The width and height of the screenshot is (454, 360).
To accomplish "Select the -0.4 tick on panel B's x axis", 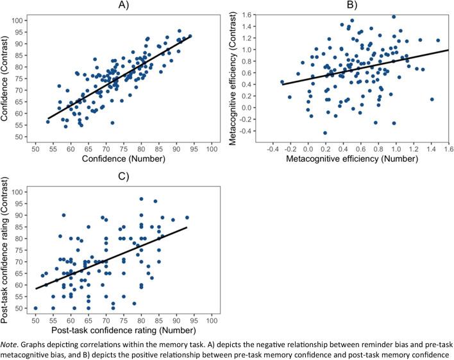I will [x=273, y=148].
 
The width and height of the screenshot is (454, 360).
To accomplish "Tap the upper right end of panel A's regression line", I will [x=191, y=36].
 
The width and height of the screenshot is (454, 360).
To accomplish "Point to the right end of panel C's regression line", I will [x=187, y=227].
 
